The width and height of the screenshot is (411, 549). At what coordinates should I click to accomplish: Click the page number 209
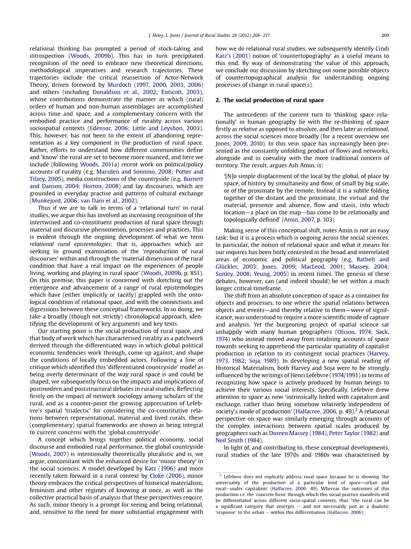tap(385, 36)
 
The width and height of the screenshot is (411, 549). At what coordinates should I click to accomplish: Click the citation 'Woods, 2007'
tap(49, 454)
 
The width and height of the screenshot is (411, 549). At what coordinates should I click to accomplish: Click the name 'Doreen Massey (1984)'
tap(297, 433)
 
